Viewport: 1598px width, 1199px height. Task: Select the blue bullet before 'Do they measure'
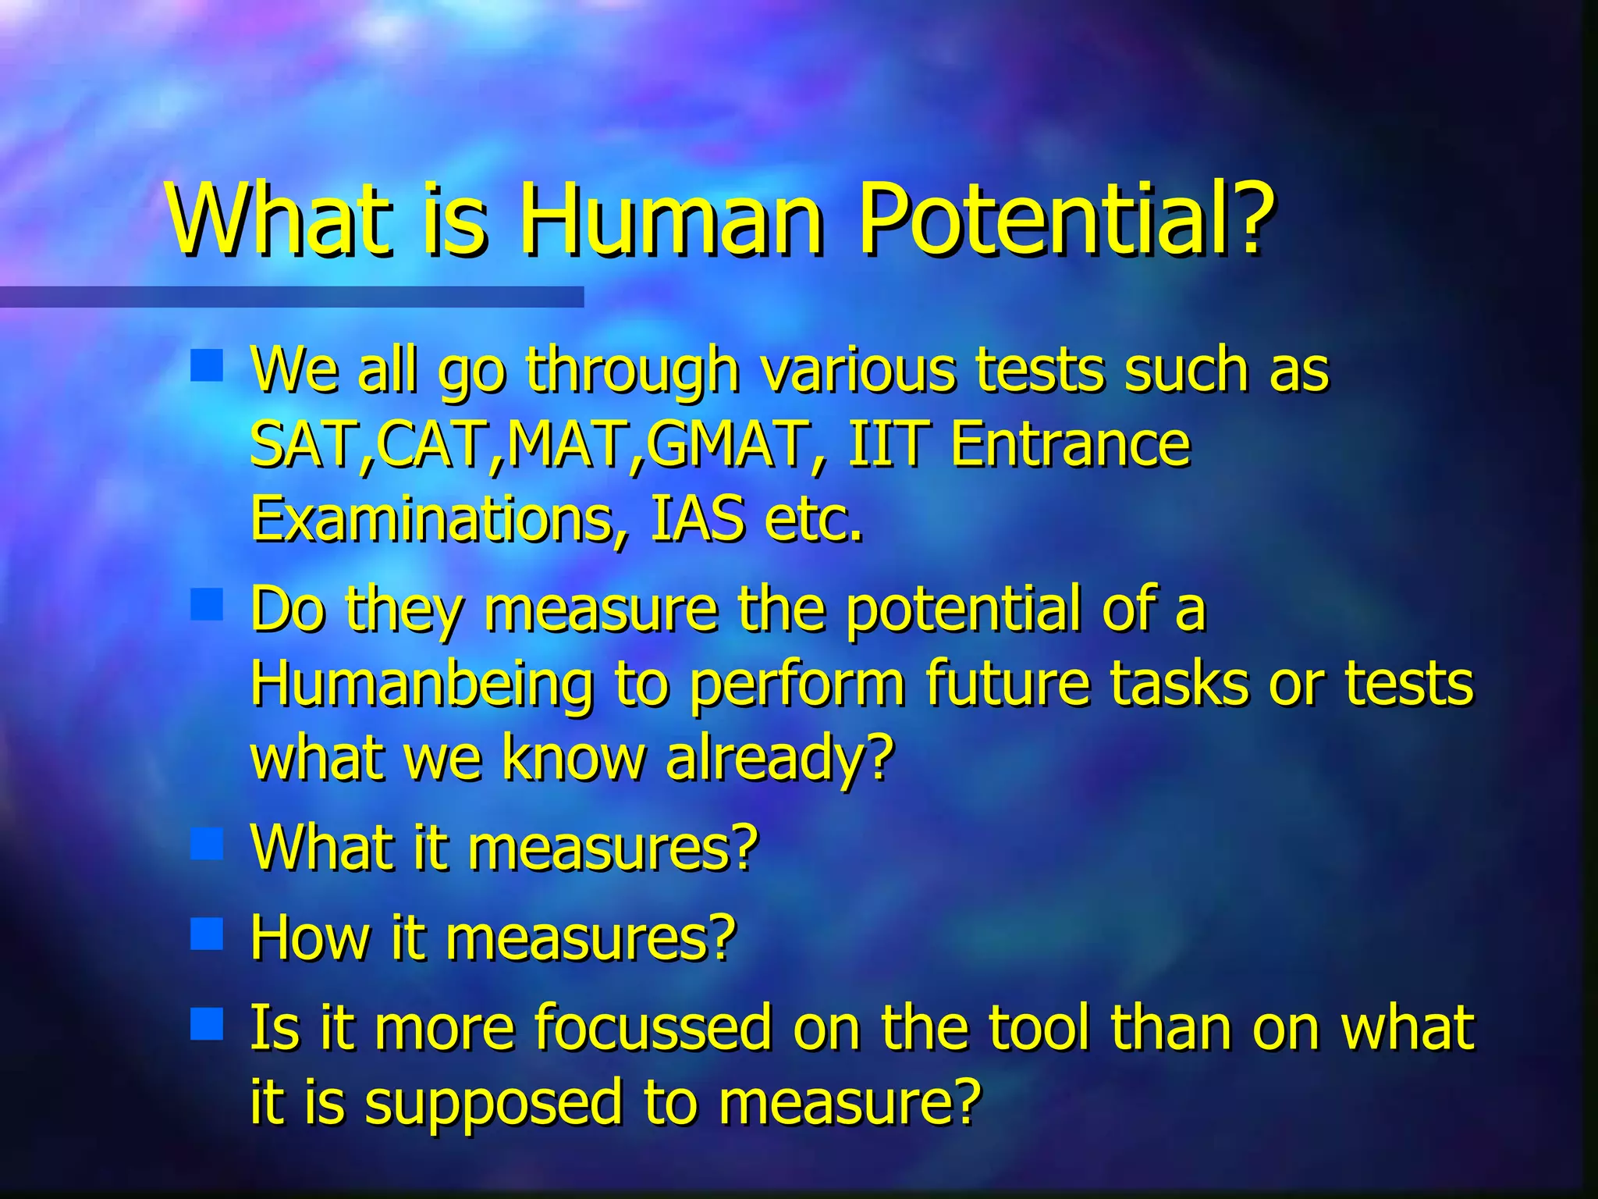coord(207,604)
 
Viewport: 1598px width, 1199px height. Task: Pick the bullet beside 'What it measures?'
coord(207,844)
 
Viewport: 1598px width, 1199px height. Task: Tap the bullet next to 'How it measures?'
coord(207,934)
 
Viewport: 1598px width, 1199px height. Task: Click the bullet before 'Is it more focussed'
coord(207,1023)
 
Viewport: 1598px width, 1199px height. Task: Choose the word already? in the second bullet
coord(779,757)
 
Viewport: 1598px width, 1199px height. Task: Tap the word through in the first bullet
coord(633,371)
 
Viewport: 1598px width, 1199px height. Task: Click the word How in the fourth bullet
coord(309,937)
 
